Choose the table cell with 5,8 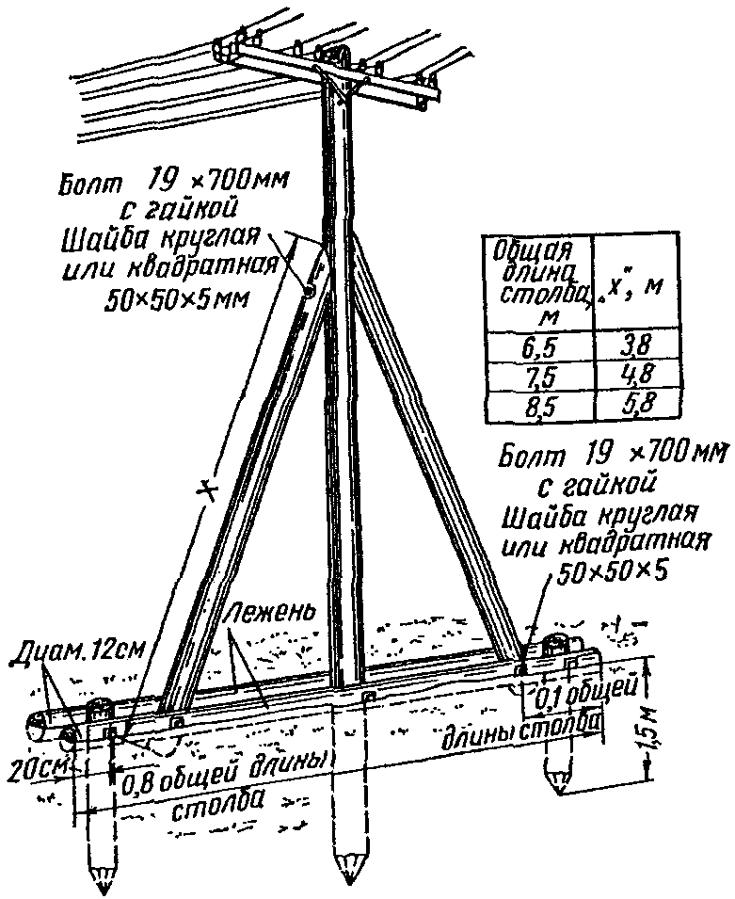[x=634, y=405]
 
